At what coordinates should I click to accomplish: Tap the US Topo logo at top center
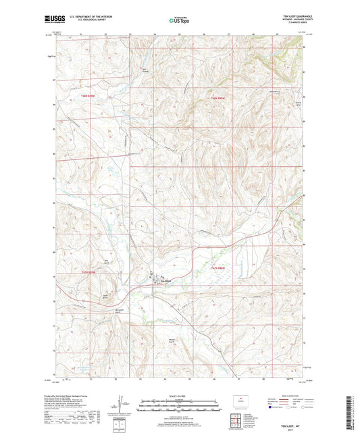coord(179,20)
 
